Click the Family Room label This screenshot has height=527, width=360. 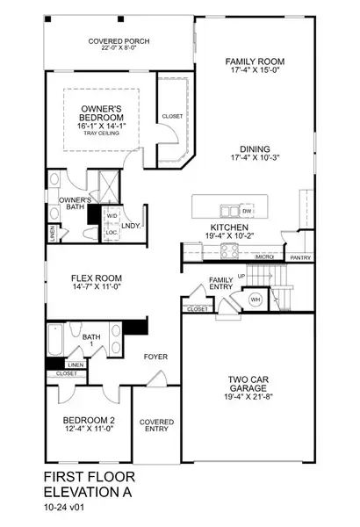255,62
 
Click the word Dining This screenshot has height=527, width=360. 255,148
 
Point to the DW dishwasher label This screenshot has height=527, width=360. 248,212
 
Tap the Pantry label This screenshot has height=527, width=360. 300,257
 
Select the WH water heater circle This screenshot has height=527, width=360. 257,300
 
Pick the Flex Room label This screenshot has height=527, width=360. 94,278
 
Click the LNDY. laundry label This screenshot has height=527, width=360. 133,227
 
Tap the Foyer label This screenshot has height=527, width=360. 156,357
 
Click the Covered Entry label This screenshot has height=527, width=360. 157,427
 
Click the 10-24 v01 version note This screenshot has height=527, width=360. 68,509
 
